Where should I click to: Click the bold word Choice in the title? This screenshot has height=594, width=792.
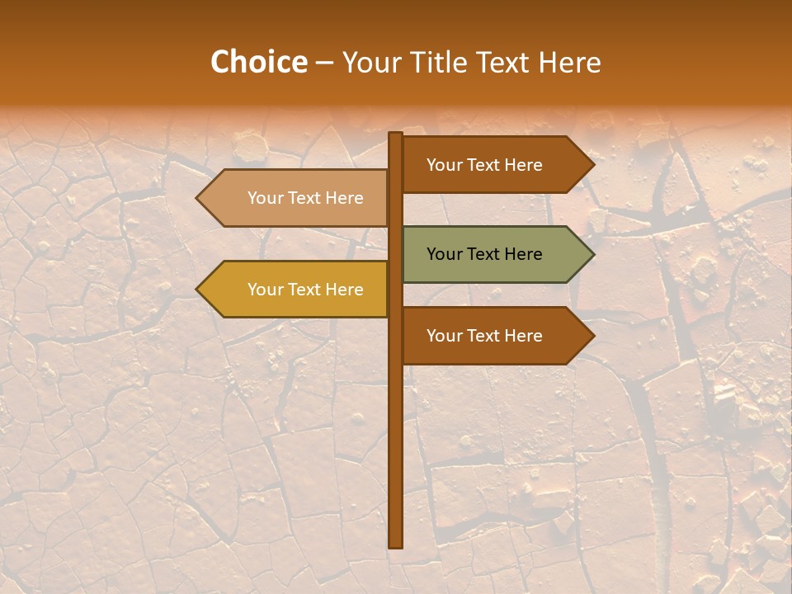coord(258,63)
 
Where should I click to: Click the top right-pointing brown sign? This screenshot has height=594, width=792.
coord(495,165)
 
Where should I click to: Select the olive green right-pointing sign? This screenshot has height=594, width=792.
coord(495,254)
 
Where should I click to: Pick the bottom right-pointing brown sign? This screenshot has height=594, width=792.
coord(495,336)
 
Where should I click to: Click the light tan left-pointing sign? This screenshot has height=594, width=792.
coord(297,198)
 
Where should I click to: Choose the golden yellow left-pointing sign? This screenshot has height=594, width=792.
coord(297,290)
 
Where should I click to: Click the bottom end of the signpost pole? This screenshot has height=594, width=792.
coord(396,544)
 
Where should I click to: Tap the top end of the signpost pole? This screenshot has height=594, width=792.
coord(396,135)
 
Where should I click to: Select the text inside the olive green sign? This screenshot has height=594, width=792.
coord(484,254)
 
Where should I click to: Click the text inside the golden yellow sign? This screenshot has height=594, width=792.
coord(305,290)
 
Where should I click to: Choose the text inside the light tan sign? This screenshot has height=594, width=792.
coord(305,198)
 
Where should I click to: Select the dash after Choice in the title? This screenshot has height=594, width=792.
coord(324,64)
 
